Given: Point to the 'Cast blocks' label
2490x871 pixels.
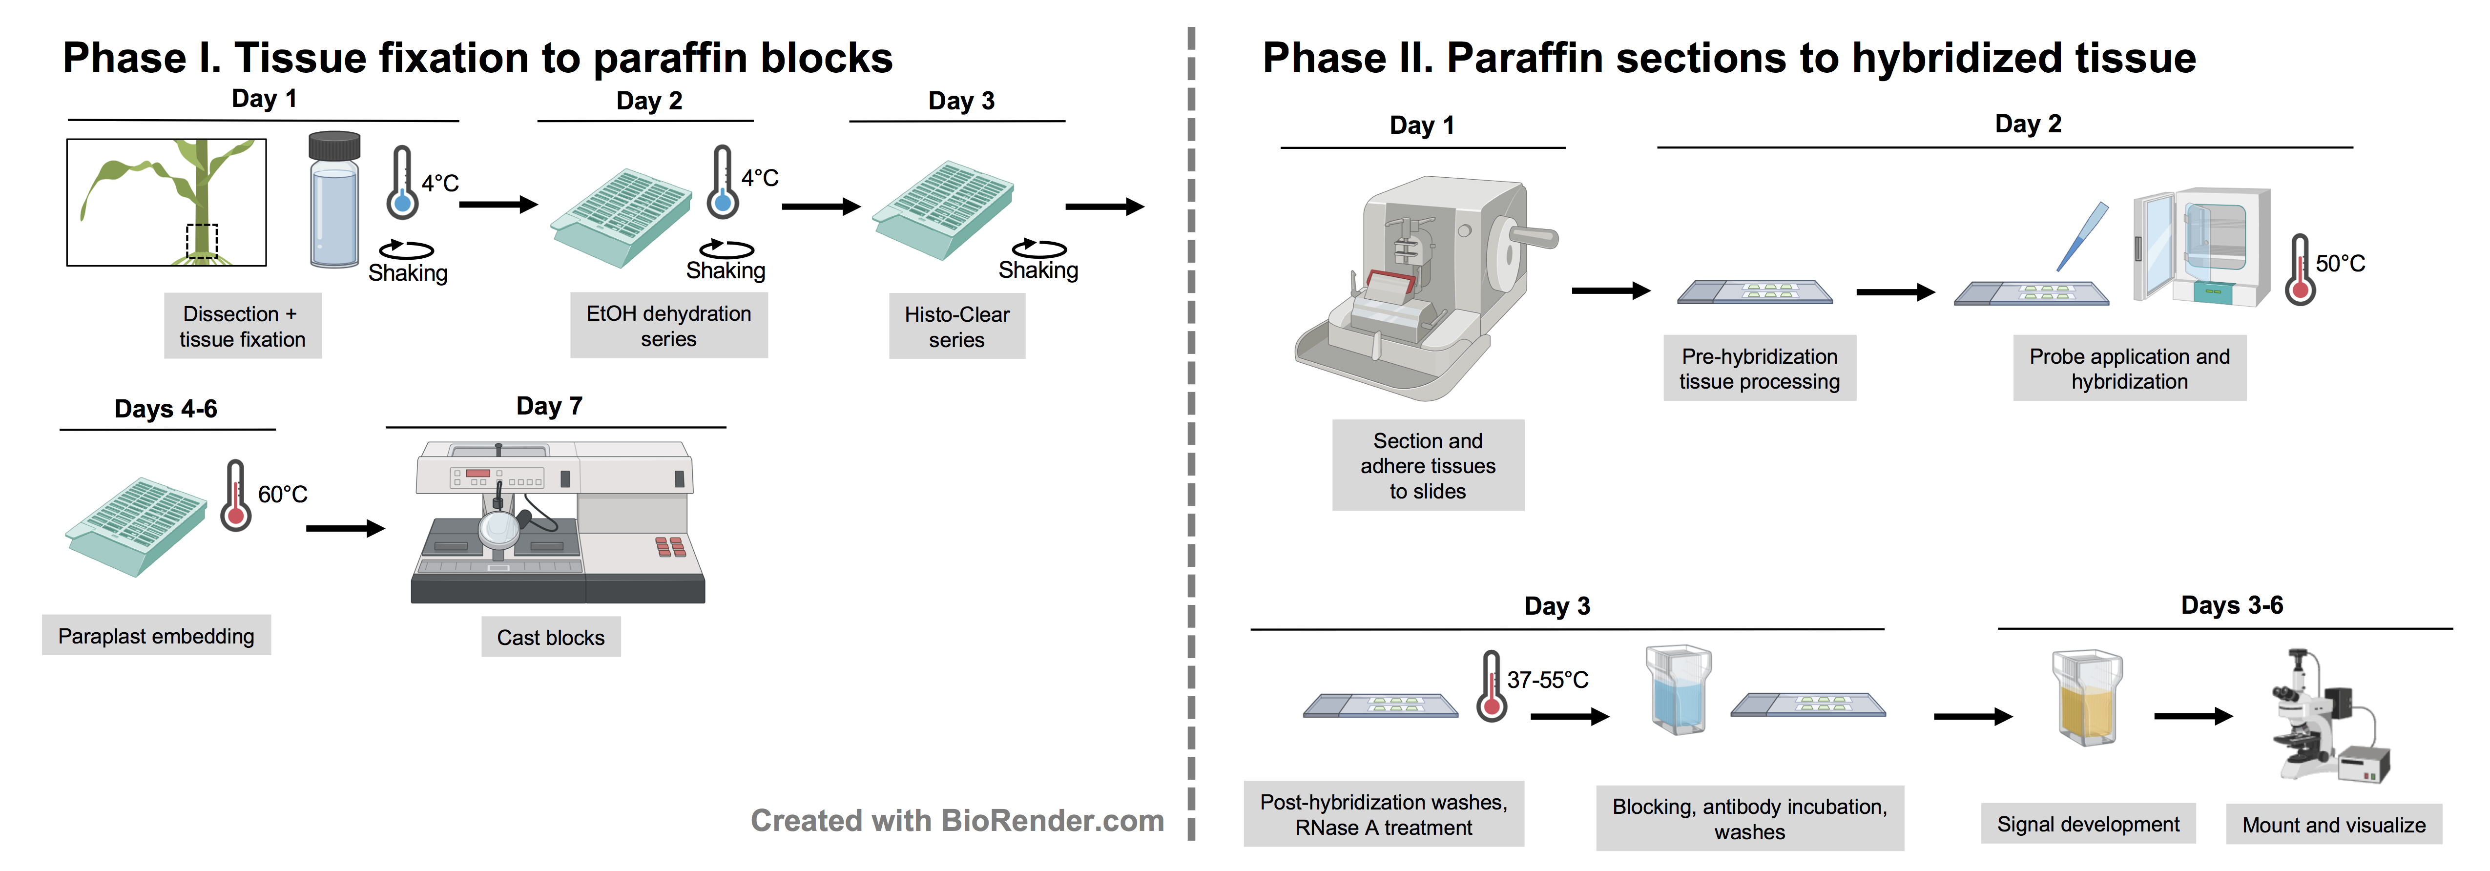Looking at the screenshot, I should pos(550,637).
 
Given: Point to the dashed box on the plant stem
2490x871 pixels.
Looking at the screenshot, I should pos(202,240).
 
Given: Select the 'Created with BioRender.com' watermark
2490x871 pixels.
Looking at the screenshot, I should pos(957,821).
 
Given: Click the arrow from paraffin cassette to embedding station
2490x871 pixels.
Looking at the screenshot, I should pos(345,528).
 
